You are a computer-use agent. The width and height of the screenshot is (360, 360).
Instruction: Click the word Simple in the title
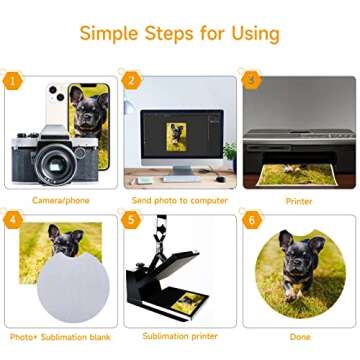[x=109, y=34]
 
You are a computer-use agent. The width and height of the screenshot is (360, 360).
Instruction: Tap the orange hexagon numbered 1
[x=13, y=81]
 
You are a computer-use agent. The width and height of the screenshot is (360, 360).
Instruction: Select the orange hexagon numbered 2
[x=131, y=81]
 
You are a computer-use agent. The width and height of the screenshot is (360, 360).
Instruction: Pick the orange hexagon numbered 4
[x=13, y=220]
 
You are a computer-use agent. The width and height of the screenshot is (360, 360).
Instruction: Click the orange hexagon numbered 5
[x=131, y=220]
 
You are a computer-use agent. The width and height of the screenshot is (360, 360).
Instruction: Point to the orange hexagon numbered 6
[x=252, y=220]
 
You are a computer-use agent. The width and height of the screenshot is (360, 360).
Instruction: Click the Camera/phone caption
[x=61, y=200]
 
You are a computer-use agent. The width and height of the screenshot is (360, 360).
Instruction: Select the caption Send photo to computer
[x=180, y=200]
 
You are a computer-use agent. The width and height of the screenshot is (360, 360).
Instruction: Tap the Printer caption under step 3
[x=299, y=201]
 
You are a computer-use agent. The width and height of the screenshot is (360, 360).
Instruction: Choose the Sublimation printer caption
[x=180, y=336]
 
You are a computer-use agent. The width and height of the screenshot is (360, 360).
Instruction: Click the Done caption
[x=300, y=337]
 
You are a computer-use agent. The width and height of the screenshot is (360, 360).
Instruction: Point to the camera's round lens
[x=55, y=165]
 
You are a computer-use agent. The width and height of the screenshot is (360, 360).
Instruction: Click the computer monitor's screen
[x=182, y=134]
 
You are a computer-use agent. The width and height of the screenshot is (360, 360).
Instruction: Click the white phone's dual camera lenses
[x=56, y=93]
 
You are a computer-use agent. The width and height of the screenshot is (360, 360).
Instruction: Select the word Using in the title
[x=256, y=34]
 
